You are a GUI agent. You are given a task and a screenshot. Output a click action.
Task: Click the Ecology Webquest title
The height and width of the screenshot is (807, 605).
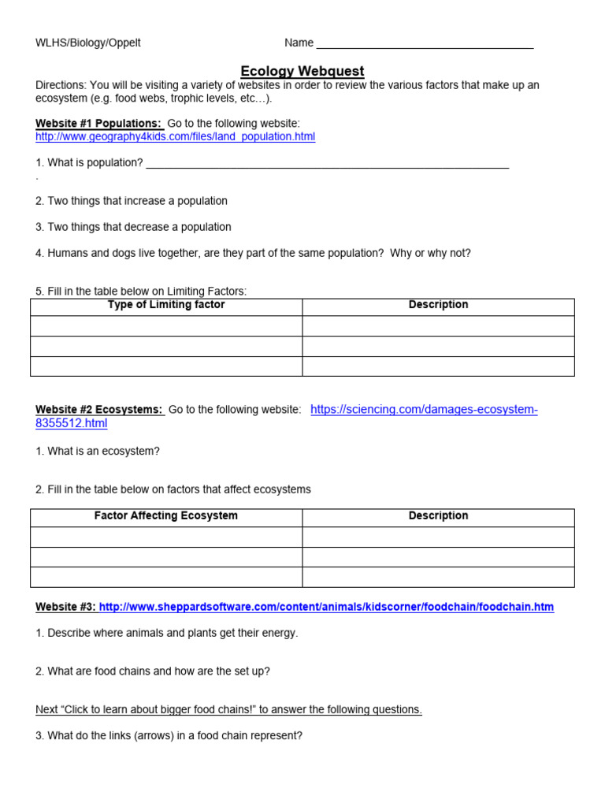tap(302, 72)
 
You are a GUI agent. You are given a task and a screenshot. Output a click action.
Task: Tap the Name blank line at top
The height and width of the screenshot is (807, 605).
tap(425, 43)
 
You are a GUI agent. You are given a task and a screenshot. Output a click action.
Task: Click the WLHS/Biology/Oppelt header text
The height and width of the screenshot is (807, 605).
tap(88, 43)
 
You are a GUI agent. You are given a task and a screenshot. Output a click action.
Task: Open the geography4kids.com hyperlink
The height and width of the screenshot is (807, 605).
tap(175, 136)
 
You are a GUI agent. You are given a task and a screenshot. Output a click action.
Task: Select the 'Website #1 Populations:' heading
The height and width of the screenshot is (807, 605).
tap(98, 124)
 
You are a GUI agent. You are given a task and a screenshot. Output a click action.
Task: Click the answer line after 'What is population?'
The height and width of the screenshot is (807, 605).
tap(327, 163)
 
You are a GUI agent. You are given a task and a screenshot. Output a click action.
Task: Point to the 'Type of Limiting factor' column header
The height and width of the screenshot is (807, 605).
tap(166, 305)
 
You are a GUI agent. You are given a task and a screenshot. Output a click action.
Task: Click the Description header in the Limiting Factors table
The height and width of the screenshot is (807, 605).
tap(438, 305)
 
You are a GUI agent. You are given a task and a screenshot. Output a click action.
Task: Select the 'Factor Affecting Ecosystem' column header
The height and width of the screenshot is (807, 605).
tap(166, 516)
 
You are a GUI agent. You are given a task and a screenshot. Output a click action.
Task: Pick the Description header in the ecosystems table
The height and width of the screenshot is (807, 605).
tap(438, 516)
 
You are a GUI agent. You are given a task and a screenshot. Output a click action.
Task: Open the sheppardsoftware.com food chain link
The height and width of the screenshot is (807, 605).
tap(326, 607)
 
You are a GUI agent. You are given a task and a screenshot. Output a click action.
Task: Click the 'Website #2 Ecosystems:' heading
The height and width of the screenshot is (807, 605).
tap(99, 410)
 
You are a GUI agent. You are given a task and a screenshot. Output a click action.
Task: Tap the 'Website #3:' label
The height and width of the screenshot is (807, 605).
tap(65, 607)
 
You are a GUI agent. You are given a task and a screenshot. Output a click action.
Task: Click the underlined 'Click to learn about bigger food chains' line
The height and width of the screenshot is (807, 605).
tap(228, 709)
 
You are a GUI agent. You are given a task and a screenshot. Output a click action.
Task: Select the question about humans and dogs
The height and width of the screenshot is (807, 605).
tap(253, 253)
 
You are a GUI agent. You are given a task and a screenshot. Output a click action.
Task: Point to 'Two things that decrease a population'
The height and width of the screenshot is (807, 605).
tap(133, 227)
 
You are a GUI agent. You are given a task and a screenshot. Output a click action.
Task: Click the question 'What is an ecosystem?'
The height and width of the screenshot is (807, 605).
tap(98, 452)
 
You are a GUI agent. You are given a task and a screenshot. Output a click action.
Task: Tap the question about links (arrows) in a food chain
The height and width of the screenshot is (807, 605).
tap(169, 736)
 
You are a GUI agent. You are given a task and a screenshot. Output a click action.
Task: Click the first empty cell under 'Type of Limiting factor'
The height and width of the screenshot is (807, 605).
tap(166, 325)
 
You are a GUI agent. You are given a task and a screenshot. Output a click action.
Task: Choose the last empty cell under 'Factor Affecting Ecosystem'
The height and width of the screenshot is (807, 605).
tap(166, 577)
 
